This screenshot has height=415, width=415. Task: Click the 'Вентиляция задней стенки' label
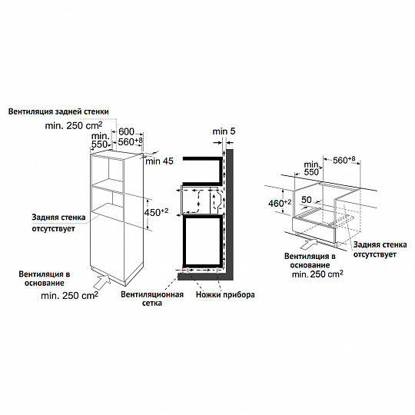pyautogui.click(x=58, y=111)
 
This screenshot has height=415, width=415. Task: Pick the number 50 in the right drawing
pyautogui.click(x=306, y=199)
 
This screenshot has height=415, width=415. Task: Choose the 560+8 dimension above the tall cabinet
pyautogui.click(x=132, y=142)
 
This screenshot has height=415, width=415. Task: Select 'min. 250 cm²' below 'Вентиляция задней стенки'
pyautogui.click(x=77, y=124)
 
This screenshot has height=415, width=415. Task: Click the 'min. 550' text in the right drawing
pyautogui.click(x=310, y=169)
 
